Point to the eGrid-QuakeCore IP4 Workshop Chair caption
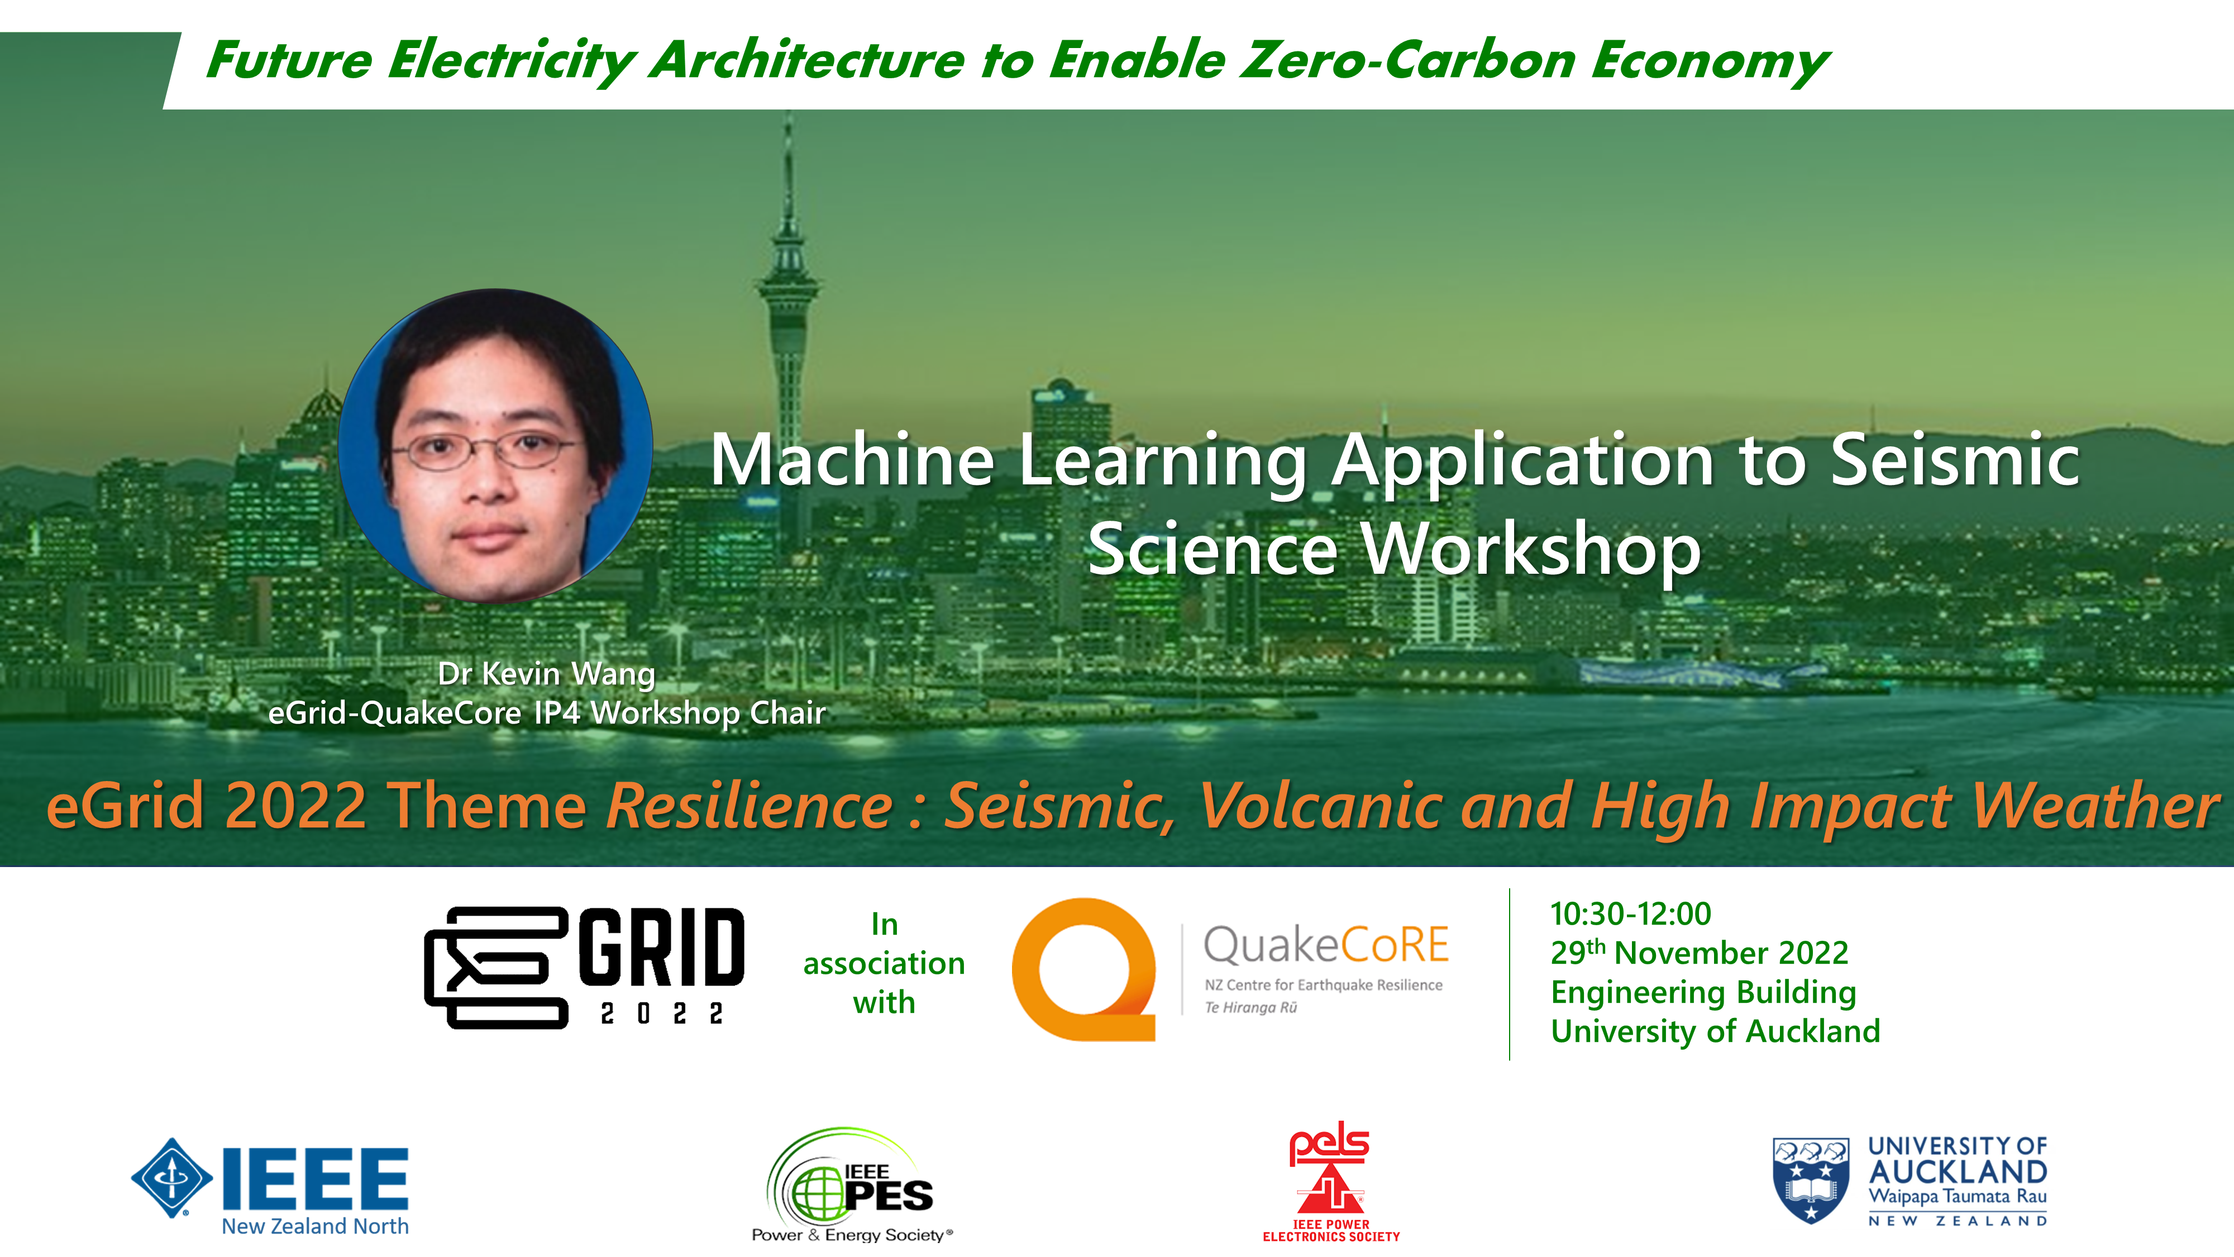click(546, 712)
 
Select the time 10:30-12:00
click(1630, 913)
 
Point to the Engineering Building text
click(1703, 992)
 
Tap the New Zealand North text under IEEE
click(315, 1226)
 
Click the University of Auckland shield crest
click(1811, 1180)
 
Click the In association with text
click(884, 963)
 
